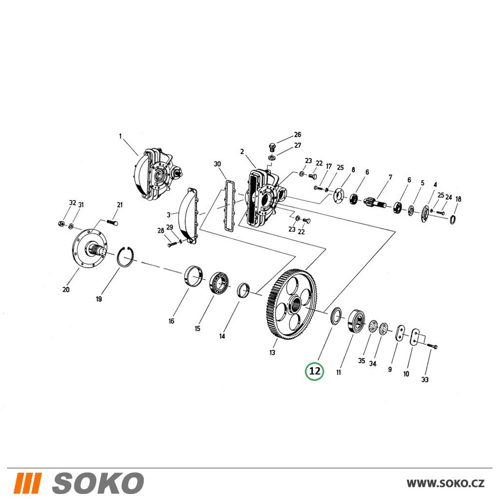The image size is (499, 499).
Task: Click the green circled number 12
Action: (x=314, y=371)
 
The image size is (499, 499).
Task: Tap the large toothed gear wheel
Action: (x=291, y=305)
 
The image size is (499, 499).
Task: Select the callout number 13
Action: (x=272, y=353)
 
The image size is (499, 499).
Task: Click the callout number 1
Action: (x=120, y=137)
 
